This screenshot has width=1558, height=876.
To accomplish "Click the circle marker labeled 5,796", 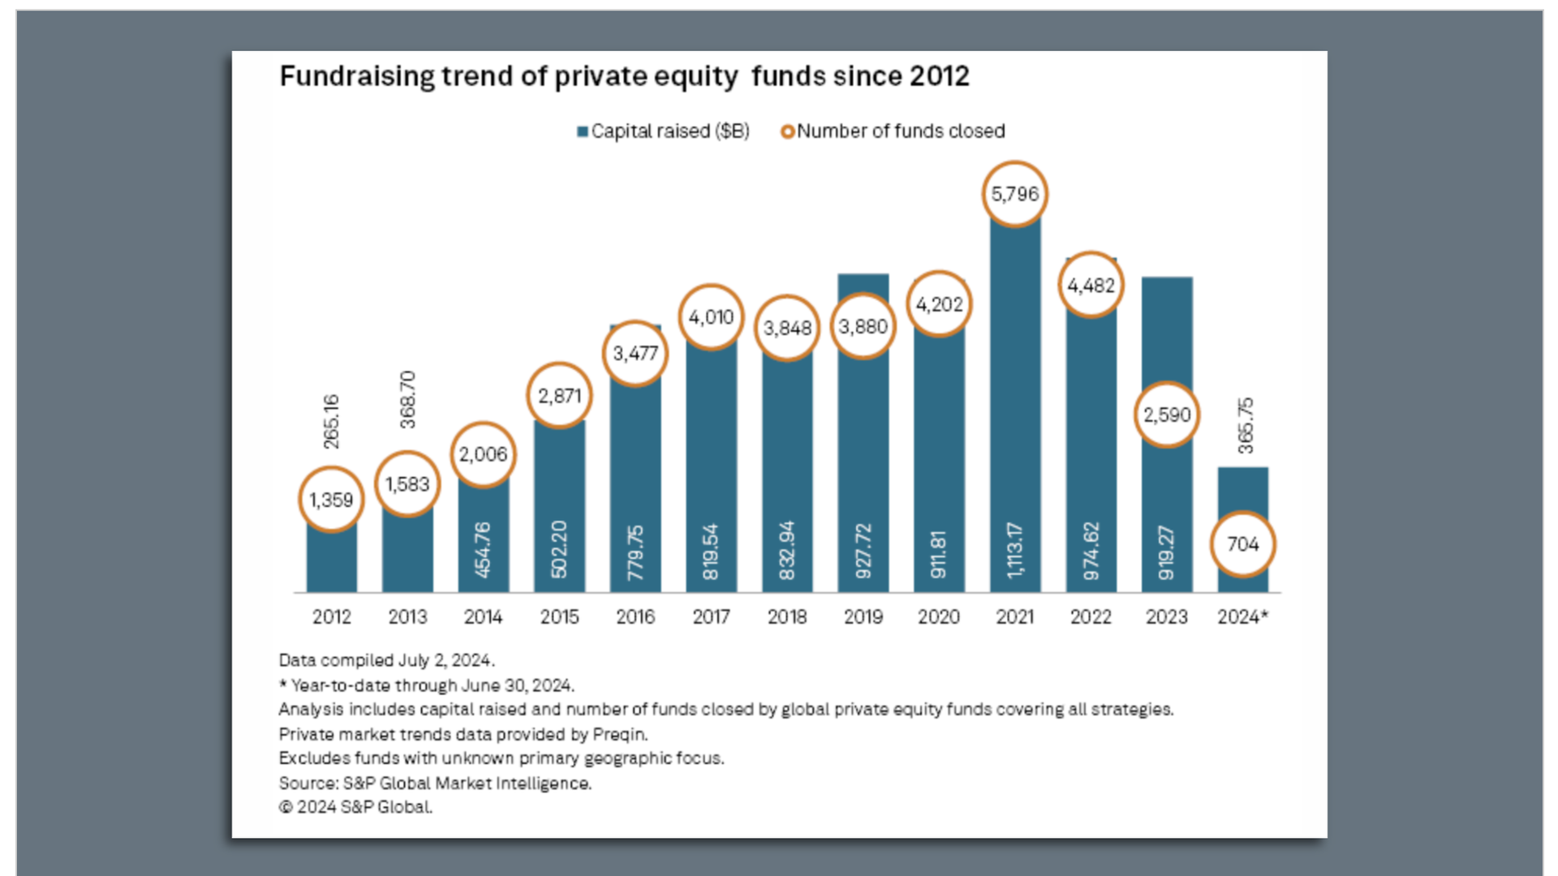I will (1014, 194).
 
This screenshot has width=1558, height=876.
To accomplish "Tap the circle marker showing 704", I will (1242, 543).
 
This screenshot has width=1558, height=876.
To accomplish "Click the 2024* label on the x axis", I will (1242, 617).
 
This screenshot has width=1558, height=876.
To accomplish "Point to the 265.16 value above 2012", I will (331, 422).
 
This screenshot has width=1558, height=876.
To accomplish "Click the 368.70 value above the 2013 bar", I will (407, 399).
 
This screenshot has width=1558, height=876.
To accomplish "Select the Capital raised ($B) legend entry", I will (663, 131).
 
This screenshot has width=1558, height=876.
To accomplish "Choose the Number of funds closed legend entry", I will (893, 131).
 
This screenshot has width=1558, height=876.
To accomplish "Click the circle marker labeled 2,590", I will (1166, 414).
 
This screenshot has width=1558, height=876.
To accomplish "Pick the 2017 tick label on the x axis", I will (711, 617).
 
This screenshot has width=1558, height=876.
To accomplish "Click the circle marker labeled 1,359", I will (331, 500).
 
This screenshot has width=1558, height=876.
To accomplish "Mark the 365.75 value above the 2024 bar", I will (1246, 425).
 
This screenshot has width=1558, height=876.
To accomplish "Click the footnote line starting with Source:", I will (435, 784).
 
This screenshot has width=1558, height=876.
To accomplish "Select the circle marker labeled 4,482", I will (1091, 286).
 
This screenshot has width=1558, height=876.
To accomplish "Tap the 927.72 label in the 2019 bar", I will (863, 551).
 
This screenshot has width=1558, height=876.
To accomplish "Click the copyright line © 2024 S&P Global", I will (355, 808).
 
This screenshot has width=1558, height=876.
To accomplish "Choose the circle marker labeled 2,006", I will (483, 454).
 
